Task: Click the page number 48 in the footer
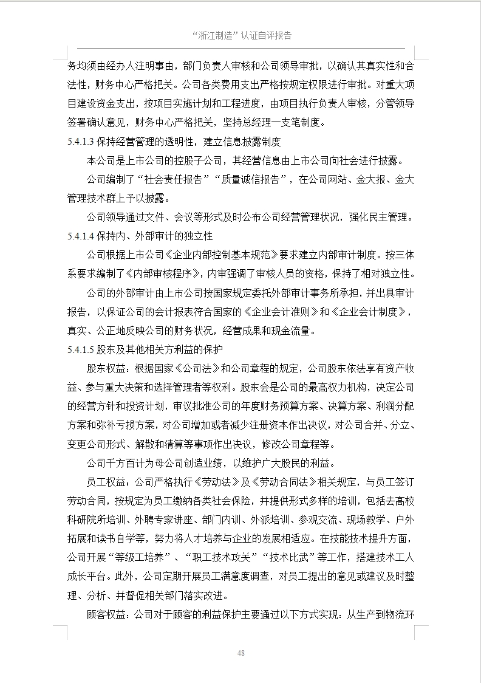click(x=241, y=653)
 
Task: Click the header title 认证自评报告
click(x=267, y=35)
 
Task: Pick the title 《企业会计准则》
click(x=280, y=312)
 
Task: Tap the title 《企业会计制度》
click(x=370, y=312)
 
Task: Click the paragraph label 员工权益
click(x=106, y=482)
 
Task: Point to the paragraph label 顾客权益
click(x=106, y=615)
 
